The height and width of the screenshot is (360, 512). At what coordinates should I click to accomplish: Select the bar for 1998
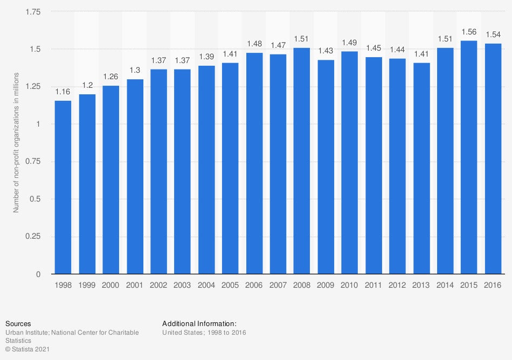tap(63, 187)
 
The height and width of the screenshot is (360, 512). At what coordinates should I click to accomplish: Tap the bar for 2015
tap(469, 157)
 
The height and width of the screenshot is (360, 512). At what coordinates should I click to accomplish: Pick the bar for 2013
tap(421, 168)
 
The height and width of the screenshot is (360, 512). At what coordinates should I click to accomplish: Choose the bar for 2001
tap(135, 176)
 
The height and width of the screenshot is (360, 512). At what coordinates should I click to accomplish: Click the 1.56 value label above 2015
tap(469, 32)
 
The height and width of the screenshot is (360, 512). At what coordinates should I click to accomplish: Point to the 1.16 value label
tap(63, 92)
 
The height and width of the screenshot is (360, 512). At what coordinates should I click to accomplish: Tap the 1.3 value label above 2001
tap(135, 71)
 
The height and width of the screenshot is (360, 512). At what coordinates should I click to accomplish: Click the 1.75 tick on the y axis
tap(33, 12)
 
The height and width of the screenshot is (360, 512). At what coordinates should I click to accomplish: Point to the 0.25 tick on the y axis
tap(33, 237)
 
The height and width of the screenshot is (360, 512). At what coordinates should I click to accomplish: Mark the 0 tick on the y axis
tap(38, 274)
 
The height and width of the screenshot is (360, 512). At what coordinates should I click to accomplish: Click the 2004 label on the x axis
tap(206, 285)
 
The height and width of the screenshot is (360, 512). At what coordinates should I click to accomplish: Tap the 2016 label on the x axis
tap(493, 285)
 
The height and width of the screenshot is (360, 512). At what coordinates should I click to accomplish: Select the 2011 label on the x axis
tap(373, 285)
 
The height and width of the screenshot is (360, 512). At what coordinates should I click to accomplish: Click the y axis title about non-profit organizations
tap(17, 143)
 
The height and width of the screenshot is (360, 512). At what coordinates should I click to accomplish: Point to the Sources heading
tap(18, 324)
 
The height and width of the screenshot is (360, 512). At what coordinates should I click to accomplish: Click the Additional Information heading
tap(199, 324)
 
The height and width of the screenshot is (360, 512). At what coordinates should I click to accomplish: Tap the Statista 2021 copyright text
tap(28, 349)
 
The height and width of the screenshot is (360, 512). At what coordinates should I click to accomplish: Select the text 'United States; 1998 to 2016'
tap(204, 333)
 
